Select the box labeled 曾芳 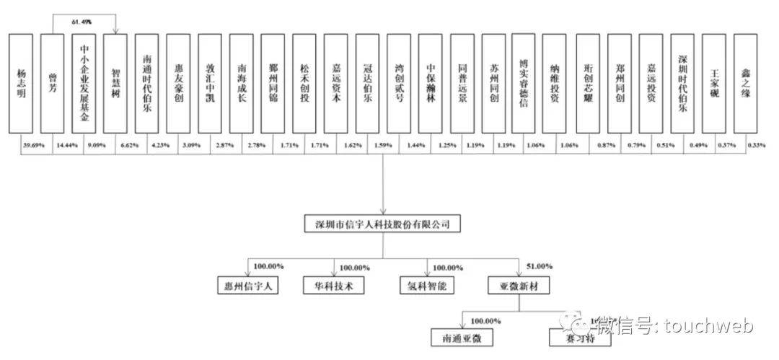(x=53, y=83)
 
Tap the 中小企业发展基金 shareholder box (x=84, y=83)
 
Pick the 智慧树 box (x=116, y=83)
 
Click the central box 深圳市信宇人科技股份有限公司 (x=382, y=225)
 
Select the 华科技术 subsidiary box (x=333, y=285)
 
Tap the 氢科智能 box (x=428, y=285)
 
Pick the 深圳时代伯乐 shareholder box (x=683, y=83)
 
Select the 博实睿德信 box (x=524, y=83)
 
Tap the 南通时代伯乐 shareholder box (x=147, y=83)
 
